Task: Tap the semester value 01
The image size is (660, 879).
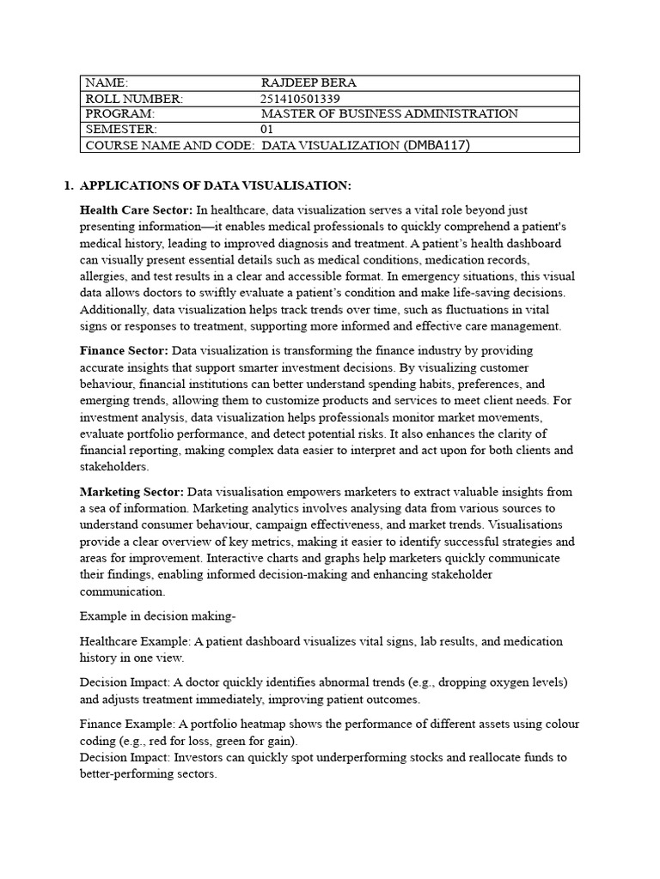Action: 266,130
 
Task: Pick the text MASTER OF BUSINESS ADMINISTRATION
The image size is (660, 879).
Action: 389,114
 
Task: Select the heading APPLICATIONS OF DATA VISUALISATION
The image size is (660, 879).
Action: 215,186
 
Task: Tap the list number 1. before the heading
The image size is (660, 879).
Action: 70,186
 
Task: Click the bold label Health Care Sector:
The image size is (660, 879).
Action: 136,210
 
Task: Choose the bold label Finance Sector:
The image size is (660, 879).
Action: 124,351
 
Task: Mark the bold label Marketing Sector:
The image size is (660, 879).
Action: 131,492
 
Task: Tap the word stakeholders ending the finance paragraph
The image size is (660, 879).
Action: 113,467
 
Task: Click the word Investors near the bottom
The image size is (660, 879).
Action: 199,758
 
